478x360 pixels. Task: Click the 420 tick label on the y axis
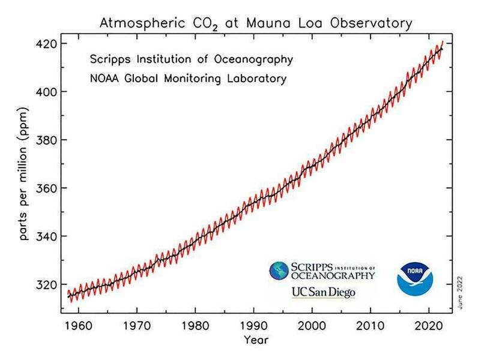[x=46, y=44]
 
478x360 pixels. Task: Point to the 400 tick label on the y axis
[x=46, y=92]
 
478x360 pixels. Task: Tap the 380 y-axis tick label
[x=46, y=140]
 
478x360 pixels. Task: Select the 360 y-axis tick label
[x=46, y=188]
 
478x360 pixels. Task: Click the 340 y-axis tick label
[x=46, y=236]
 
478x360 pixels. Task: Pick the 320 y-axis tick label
[x=46, y=284]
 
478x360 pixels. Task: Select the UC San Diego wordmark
[x=323, y=293]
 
